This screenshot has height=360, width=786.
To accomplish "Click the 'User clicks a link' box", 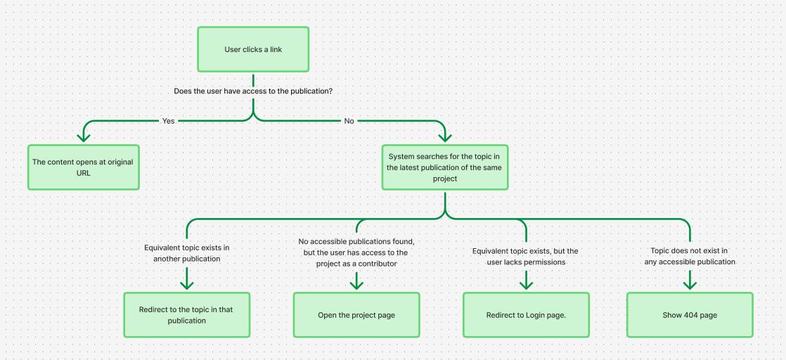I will (253, 49).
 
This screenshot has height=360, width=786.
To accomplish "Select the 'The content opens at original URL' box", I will (83, 167).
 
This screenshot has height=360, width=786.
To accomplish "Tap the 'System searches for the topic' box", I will (445, 167).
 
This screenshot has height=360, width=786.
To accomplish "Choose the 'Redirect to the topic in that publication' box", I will (187, 315).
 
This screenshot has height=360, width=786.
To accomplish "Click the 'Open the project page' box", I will (356, 315).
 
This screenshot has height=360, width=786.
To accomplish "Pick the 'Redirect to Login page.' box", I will (526, 315).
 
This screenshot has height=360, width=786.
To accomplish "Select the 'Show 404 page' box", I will (690, 315).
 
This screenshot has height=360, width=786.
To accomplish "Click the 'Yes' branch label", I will (169, 121).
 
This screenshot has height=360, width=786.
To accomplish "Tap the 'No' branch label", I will (349, 121).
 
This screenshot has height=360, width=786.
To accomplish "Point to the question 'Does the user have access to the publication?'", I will (253, 91).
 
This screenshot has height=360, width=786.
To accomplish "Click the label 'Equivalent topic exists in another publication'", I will (187, 253).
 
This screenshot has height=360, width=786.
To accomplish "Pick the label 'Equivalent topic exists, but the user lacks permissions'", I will (525, 257).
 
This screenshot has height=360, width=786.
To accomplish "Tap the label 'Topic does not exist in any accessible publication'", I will (690, 256).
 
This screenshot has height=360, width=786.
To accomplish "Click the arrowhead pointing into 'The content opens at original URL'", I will (84, 136).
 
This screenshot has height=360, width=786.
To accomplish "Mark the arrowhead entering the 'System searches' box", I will (444, 136).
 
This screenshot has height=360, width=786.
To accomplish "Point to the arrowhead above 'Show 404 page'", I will (690, 283).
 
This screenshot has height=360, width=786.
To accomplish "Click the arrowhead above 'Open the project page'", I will (356, 283).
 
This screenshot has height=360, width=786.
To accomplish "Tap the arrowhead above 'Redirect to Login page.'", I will (526, 283).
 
